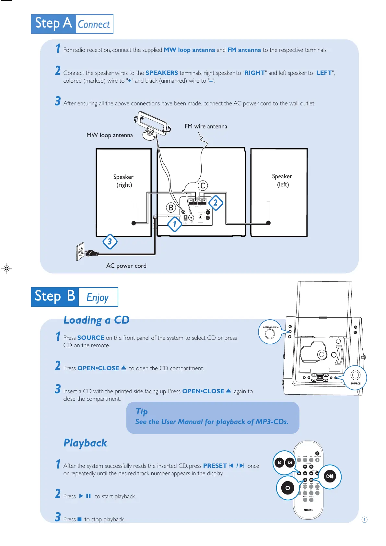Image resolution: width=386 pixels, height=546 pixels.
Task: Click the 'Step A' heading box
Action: pyautogui.click(x=54, y=24)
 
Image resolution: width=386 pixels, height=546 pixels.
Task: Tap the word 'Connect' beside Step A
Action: pyautogui.click(x=94, y=24)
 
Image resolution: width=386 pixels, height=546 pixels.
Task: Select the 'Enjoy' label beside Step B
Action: pyautogui.click(x=98, y=297)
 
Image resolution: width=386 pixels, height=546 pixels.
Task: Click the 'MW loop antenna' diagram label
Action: pyautogui.click(x=110, y=135)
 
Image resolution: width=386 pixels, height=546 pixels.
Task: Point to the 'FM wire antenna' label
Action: pyautogui.click(x=206, y=126)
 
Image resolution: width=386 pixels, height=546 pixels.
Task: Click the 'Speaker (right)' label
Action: pyautogui.click(x=123, y=181)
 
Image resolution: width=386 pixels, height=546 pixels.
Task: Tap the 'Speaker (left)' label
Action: pyautogui.click(x=282, y=180)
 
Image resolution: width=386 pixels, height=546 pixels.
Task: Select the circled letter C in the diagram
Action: pyautogui.click(x=203, y=186)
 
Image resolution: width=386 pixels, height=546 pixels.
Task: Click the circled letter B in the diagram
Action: pyautogui.click(x=171, y=208)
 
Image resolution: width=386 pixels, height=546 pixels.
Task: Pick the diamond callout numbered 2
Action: pyautogui.click(x=215, y=203)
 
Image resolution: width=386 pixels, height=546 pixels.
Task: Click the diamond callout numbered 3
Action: pyautogui.click(x=110, y=242)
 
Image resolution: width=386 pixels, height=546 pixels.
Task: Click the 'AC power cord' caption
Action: pyautogui.click(x=126, y=266)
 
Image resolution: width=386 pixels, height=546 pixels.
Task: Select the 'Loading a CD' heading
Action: pyautogui.click(x=96, y=320)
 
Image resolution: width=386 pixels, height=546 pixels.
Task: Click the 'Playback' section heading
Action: pyautogui.click(x=85, y=443)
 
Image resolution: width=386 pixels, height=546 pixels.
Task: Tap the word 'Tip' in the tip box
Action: pyautogui.click(x=142, y=411)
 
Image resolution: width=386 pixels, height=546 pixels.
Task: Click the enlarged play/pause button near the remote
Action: pyautogui.click(x=330, y=476)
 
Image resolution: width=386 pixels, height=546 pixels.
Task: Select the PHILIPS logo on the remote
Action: pyautogui.click(x=308, y=510)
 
